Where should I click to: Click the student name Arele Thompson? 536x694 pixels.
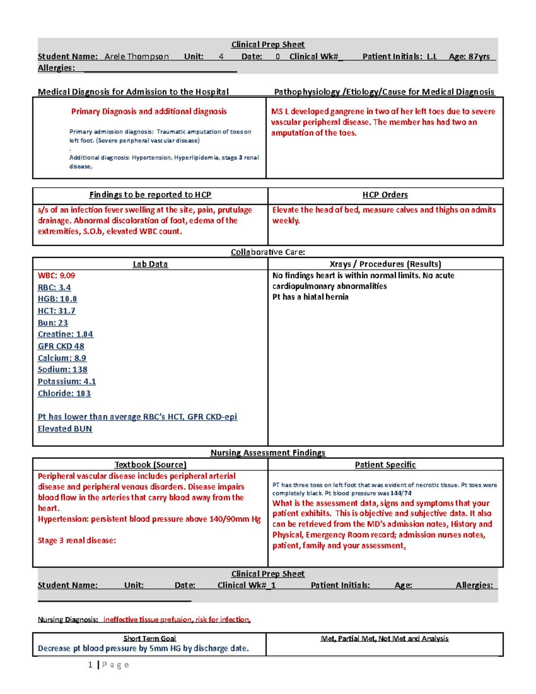[137, 57]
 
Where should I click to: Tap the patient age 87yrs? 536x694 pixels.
[478, 57]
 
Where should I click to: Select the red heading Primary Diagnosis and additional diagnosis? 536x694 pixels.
[149, 112]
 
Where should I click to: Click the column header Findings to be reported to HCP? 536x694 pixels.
[150, 195]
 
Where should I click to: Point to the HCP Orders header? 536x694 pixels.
[385, 195]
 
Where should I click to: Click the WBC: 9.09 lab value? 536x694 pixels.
[56, 276]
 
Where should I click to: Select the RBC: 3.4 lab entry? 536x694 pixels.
[54, 287]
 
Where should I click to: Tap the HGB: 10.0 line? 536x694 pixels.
[57, 299]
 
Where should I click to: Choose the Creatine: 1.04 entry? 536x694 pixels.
[65, 334]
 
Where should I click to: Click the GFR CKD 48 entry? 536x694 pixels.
[61, 346]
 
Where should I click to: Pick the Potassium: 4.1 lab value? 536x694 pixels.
[67, 382]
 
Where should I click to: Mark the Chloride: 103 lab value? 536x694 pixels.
[64, 394]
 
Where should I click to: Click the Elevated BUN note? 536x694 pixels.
[65, 429]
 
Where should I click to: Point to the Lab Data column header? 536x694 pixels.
[150, 264]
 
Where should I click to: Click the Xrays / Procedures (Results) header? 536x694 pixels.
[385, 264]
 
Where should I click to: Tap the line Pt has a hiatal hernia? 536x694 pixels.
[310, 297]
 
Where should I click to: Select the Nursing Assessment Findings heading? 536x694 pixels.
[268, 453]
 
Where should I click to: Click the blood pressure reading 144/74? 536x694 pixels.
[401, 493]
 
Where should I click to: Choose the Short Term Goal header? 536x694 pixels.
[150, 639]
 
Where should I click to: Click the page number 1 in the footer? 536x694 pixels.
[90, 665]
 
